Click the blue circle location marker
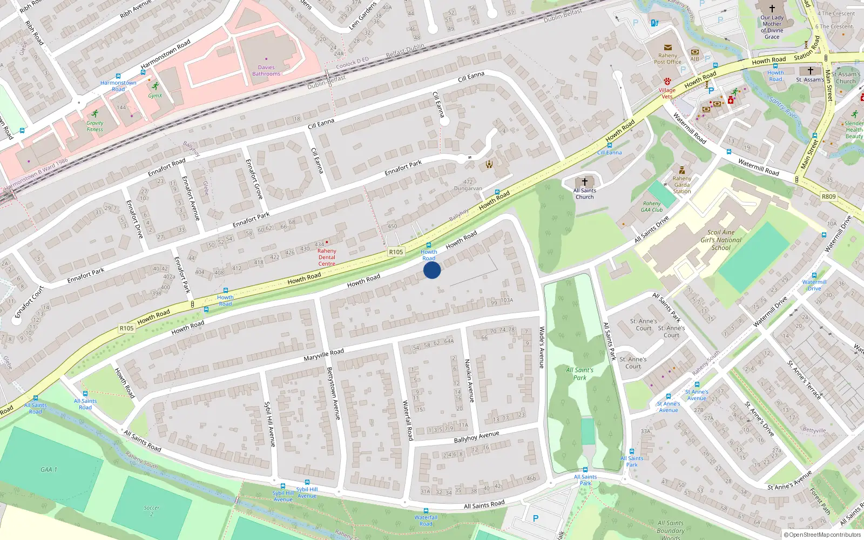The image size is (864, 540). click(x=432, y=270)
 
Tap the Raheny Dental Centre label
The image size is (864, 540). click(x=327, y=257)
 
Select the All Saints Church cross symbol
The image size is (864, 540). click(x=584, y=182)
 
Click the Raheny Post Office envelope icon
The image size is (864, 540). click(x=668, y=48)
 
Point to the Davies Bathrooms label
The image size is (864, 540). click(x=266, y=71)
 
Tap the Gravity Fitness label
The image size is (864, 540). click(x=95, y=126)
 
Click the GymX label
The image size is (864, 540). click(x=155, y=96)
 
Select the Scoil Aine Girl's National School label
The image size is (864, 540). click(x=721, y=240)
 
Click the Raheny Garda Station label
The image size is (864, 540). click(x=682, y=185)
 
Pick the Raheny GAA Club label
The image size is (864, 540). click(x=652, y=207)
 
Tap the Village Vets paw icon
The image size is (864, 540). click(x=667, y=81)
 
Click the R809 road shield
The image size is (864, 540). click(x=828, y=197)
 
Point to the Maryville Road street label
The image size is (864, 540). click(x=323, y=355)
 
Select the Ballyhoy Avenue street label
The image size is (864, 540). click(x=476, y=437)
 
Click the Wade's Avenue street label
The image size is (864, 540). click(x=542, y=347)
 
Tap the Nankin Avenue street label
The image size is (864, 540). click(x=470, y=381)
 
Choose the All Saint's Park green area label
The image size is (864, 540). click(x=579, y=374)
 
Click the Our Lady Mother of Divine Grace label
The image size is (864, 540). click(x=772, y=27)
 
